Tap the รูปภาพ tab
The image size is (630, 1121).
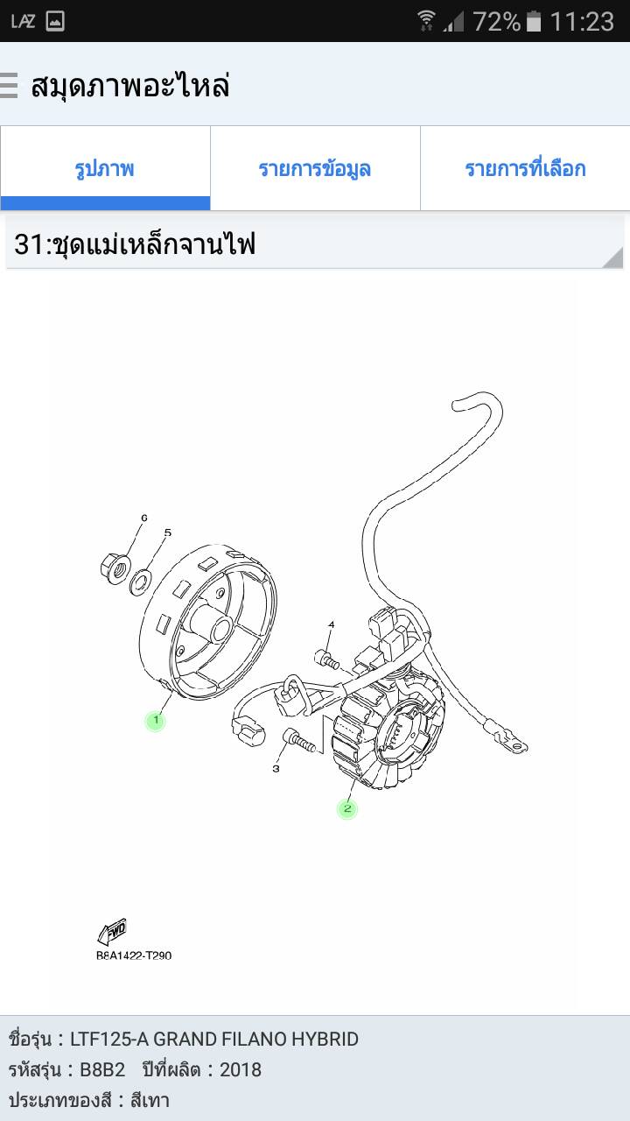pyautogui.click(x=105, y=168)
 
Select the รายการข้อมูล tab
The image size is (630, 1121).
pyautogui.click(x=315, y=168)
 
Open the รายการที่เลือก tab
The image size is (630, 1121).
pyautogui.click(x=525, y=168)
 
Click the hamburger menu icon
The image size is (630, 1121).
pyautogui.click(x=9, y=85)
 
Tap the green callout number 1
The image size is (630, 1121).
pyautogui.click(x=156, y=721)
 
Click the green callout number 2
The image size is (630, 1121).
pyautogui.click(x=347, y=808)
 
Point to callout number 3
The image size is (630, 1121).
pyautogui.click(x=276, y=768)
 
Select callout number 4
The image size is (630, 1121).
pyautogui.click(x=331, y=624)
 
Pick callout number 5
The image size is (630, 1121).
pyautogui.click(x=167, y=532)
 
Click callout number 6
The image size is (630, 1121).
pyautogui.click(x=144, y=518)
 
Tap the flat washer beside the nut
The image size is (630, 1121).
pyautogui.click(x=142, y=582)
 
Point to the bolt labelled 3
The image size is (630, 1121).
pyautogui.click(x=299, y=741)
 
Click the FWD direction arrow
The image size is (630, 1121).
pyautogui.click(x=112, y=931)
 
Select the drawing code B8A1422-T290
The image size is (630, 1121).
pyautogui.click(x=134, y=955)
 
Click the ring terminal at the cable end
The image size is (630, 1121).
pyautogui.click(x=510, y=742)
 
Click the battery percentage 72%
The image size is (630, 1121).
pyautogui.click(x=497, y=22)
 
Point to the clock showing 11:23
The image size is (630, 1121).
pyautogui.click(x=582, y=22)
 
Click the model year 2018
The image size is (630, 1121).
pyautogui.click(x=241, y=1070)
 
